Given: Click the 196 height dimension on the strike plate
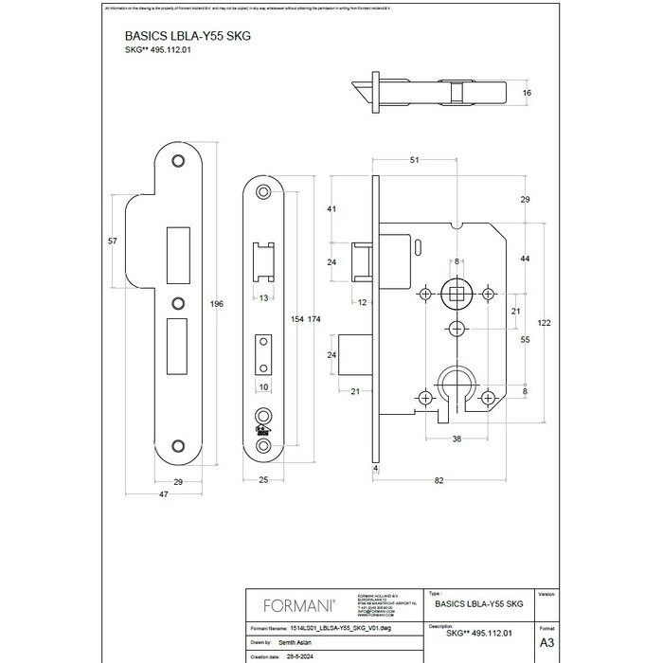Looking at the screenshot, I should tap(217, 304).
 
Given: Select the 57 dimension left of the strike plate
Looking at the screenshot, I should tap(114, 242).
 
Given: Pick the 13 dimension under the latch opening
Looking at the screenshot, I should tap(263, 298).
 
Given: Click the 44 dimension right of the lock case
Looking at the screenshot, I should tap(524, 259).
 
